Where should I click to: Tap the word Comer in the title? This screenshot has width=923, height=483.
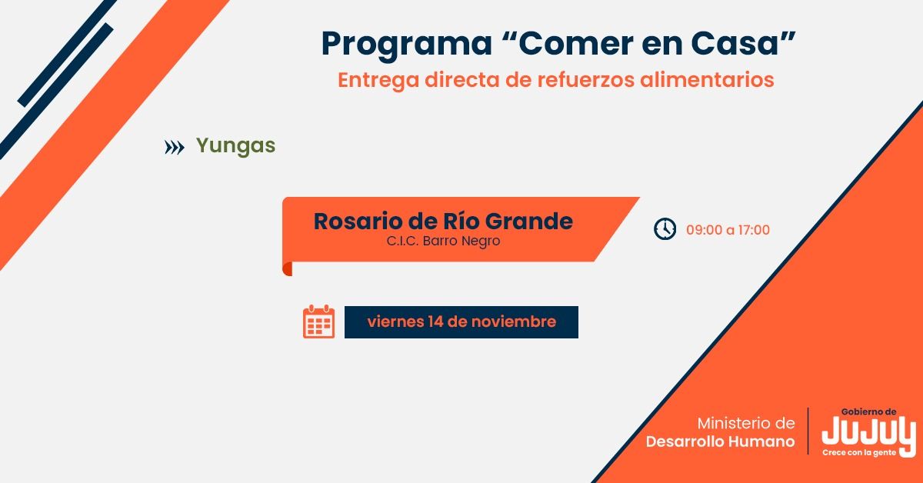tap(575, 43)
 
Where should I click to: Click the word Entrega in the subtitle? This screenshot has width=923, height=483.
tap(378, 81)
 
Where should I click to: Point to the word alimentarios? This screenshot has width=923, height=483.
tap(707, 79)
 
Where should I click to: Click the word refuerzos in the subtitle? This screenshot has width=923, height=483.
tap(585, 79)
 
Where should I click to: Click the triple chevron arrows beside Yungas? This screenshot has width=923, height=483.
tap(175, 147)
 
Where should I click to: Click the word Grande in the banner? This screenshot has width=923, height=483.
tap(528, 222)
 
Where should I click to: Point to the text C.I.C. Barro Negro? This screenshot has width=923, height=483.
tap(443, 241)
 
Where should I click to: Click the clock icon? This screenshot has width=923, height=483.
tap(665, 228)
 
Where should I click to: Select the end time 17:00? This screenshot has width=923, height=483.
tap(754, 230)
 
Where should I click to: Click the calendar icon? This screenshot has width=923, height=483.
tap(318, 321)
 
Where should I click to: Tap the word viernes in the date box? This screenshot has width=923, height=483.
tap(395, 321)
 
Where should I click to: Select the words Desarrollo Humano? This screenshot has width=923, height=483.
tap(720, 441)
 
